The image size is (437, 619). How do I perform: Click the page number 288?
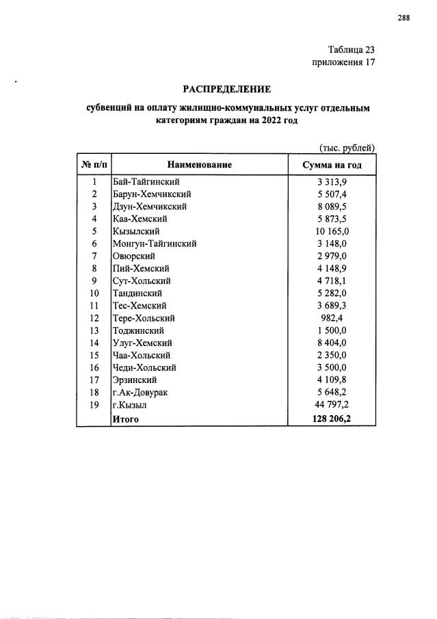(403, 18)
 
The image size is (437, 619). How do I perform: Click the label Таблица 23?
(352, 50)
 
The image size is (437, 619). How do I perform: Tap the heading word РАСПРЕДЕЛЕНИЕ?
(226, 89)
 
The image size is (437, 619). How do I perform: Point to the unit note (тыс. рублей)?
(347, 148)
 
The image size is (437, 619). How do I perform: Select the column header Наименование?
(199, 165)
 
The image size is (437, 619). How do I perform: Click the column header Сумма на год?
(332, 165)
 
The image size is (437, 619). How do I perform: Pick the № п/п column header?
(93, 165)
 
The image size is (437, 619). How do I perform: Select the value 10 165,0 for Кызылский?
(332, 231)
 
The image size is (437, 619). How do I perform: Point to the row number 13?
(94, 330)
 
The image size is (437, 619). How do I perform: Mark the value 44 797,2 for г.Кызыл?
(332, 405)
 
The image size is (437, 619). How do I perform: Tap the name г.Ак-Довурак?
(142, 393)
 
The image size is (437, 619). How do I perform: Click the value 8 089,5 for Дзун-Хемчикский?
(332, 207)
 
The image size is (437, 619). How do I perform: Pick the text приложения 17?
(343, 63)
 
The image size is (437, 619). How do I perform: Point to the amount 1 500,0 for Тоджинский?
(332, 330)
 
